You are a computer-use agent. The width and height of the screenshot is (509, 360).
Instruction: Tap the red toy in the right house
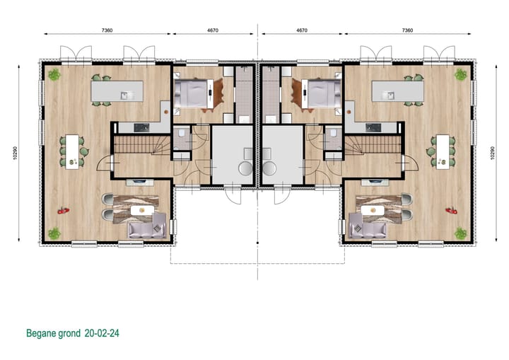(448, 209)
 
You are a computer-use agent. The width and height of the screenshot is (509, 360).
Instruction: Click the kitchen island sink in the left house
(124, 95)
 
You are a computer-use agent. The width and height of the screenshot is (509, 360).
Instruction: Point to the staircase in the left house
(138, 146)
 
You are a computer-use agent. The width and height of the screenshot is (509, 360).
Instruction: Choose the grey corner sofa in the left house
(148, 226)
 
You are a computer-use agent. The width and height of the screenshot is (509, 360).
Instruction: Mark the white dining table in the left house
(71, 151)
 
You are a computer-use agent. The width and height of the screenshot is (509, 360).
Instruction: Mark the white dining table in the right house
(443, 151)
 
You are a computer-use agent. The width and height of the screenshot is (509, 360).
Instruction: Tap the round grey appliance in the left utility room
(245, 168)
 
